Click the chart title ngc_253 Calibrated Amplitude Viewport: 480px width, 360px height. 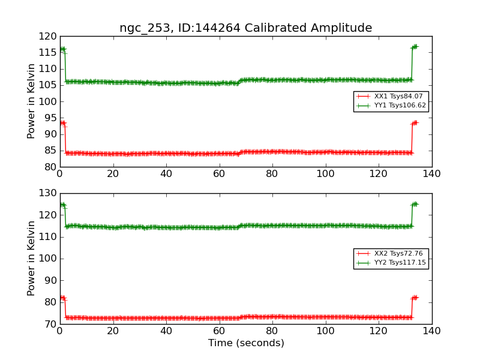245,28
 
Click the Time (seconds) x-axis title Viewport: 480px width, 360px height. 246,343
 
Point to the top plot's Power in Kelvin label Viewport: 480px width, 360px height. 32,101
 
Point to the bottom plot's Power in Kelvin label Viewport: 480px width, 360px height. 32,259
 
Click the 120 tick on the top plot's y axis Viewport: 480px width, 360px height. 48,36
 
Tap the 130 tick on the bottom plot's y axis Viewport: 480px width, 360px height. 48,193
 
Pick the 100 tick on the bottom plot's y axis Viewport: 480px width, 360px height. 48,259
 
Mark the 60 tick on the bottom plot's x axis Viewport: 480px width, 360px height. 219,331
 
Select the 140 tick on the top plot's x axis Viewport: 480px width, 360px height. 431,173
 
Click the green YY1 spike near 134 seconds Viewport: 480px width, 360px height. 415,47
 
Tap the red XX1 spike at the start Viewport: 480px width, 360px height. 62,123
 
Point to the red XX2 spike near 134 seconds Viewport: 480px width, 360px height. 415,298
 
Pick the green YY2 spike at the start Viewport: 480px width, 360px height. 62,205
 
